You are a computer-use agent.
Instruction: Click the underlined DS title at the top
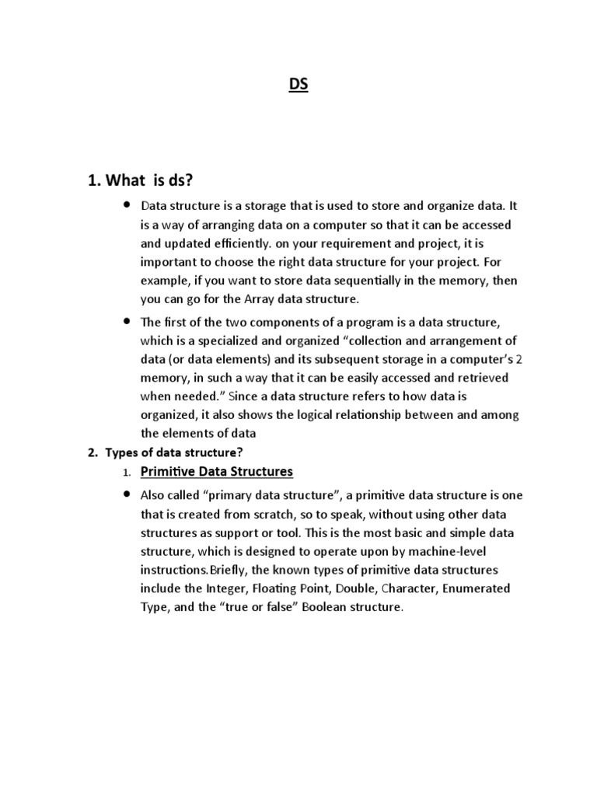coord(298,85)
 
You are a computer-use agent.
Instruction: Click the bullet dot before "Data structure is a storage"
coord(126,205)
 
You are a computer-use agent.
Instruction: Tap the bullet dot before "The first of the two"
coord(126,321)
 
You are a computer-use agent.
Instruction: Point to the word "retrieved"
coord(481,378)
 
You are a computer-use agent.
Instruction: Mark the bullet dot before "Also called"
coord(126,494)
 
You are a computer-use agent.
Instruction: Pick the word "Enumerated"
coord(475,588)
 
